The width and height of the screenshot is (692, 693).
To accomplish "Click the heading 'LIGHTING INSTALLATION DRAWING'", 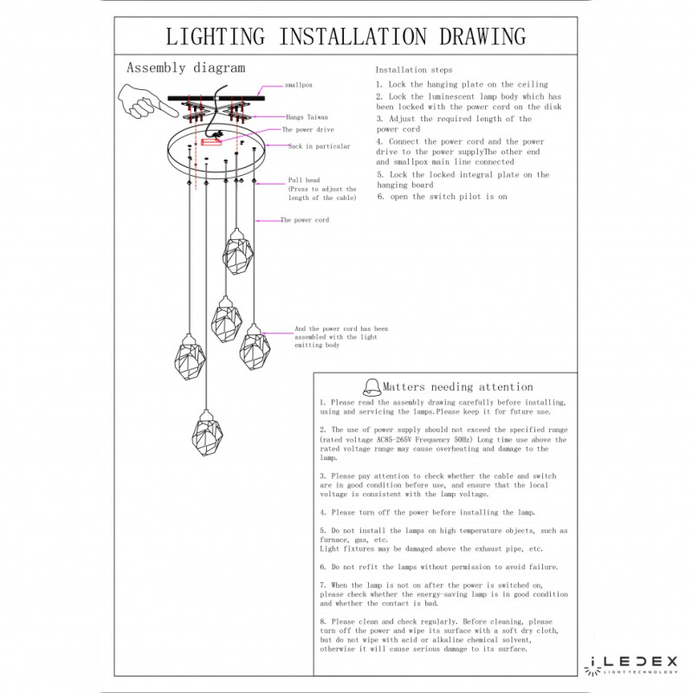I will (346, 36).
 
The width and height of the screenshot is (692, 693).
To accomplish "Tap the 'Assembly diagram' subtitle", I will (185, 68).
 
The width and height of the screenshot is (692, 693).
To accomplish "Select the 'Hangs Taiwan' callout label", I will (308, 116).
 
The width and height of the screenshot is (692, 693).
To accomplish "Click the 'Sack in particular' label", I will (320, 147).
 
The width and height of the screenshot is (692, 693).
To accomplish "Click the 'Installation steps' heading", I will (413, 69).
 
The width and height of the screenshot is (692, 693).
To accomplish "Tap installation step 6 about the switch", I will (442, 197).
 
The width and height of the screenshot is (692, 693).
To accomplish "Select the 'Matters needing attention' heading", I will (458, 387).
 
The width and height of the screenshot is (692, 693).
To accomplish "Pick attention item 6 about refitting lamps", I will (438, 566).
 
